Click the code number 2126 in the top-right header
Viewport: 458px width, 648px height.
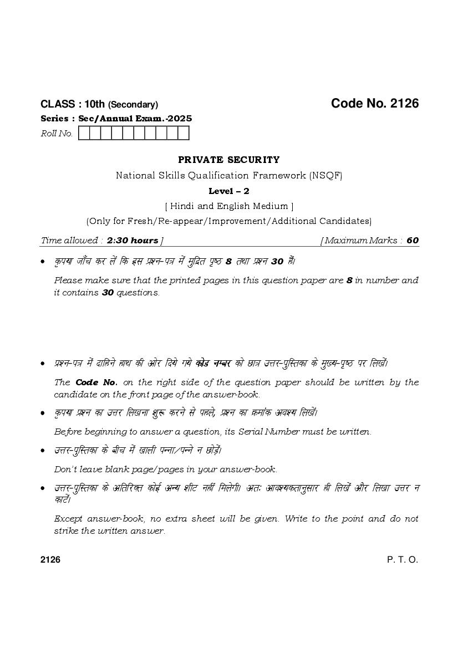[x=404, y=104]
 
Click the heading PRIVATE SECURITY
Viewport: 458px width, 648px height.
[x=229, y=160]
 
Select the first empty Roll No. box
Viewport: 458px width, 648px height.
[x=84, y=134]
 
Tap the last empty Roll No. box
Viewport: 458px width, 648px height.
[x=184, y=134]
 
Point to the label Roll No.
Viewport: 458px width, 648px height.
[x=57, y=134]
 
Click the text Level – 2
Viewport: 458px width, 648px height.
[x=229, y=191]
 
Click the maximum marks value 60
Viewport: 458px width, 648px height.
[x=413, y=241]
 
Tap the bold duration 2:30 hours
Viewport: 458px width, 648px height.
[x=132, y=241]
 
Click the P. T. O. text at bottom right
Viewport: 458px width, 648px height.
[x=403, y=560]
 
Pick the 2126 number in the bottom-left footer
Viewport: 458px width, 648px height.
[x=50, y=560]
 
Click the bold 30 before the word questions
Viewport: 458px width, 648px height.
[x=108, y=293]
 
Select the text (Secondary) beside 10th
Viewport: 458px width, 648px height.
[x=133, y=105]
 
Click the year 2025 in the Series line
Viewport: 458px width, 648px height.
[x=181, y=119]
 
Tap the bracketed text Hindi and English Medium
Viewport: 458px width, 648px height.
[x=229, y=206]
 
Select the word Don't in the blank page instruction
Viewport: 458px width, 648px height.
[x=65, y=470]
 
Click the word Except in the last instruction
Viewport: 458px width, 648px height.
[x=68, y=519]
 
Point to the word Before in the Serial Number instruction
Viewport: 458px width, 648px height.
[x=68, y=432]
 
